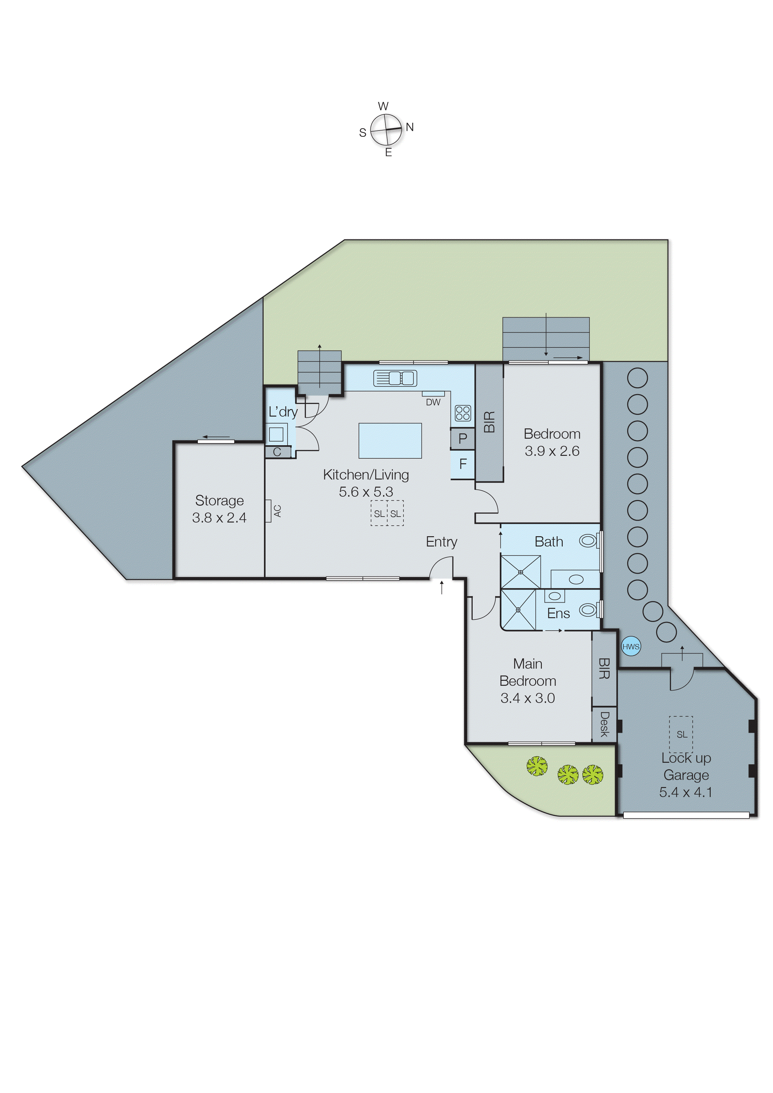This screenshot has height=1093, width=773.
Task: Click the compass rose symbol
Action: tap(386, 130)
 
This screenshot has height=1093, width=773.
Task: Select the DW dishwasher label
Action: tap(433, 402)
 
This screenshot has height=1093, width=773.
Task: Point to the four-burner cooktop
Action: tap(463, 413)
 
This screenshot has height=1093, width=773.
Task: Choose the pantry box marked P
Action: tap(463, 438)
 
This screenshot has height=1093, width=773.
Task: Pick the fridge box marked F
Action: tap(463, 464)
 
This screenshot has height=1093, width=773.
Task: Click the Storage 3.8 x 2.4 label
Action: tap(219, 509)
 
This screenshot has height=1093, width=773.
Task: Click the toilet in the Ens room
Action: tap(588, 610)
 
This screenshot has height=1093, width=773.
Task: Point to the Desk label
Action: tap(604, 724)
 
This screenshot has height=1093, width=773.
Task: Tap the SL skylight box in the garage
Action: tap(681, 735)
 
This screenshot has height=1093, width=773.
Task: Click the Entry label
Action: tap(441, 542)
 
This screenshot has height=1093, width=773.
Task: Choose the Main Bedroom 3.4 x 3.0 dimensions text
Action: tap(527, 698)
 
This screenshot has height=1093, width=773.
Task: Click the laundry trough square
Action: tap(276, 434)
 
